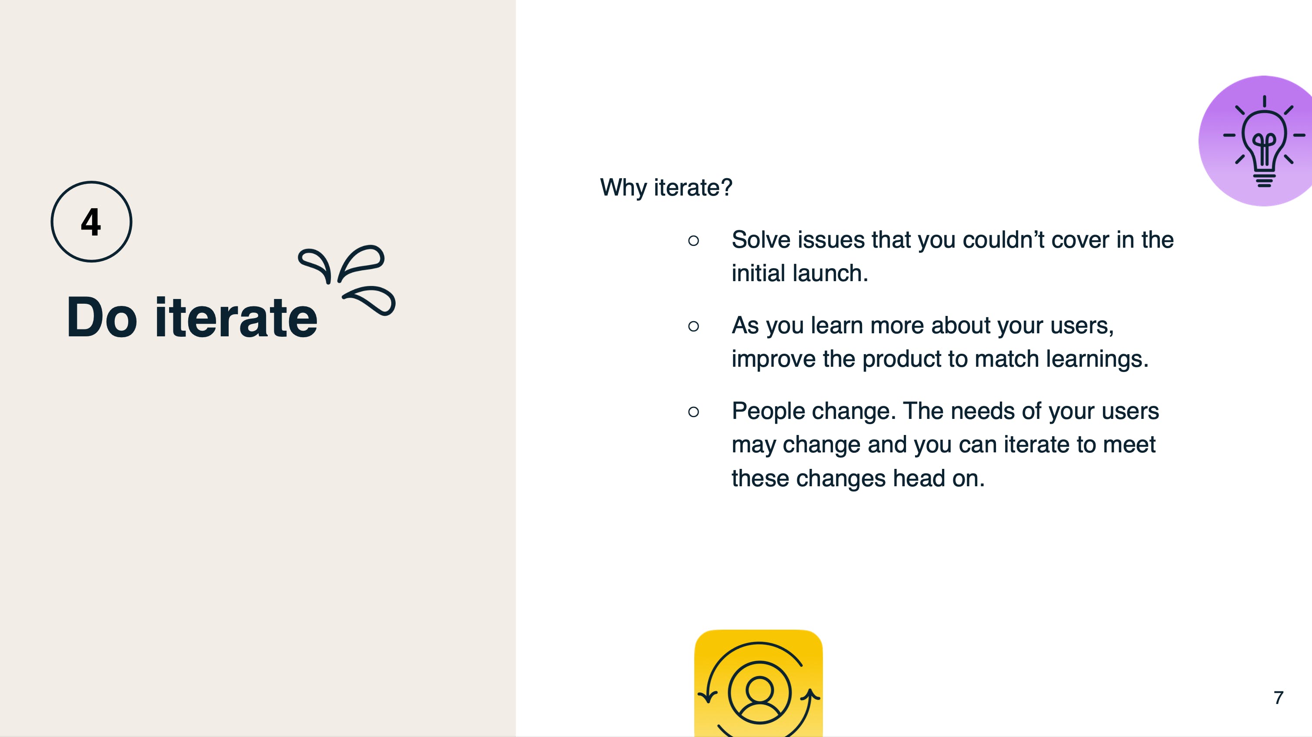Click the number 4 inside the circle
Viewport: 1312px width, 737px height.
[91, 222]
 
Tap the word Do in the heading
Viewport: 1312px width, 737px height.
[102, 317]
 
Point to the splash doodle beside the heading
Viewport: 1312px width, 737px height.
[347, 280]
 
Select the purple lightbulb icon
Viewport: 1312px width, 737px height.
[1256, 141]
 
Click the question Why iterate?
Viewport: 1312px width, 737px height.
[666, 187]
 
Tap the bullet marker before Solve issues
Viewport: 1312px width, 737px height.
[693, 240]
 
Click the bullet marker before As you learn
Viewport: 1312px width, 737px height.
[693, 326]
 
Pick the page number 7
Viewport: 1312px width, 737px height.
[1279, 698]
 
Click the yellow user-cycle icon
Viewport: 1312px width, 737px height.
[758, 683]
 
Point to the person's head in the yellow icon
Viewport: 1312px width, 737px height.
[759, 690]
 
